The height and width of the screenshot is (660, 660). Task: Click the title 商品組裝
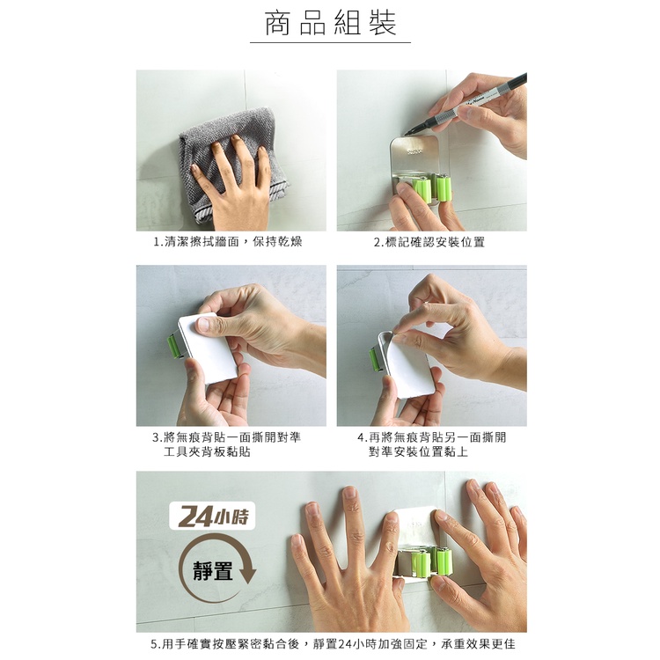[x=330, y=24]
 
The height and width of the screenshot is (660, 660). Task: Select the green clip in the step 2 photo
[x=432, y=188]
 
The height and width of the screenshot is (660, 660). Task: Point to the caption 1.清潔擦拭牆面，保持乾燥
[x=228, y=242]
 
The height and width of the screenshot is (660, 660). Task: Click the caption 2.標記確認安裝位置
[x=429, y=242]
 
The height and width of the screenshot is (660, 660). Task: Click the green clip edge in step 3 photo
[x=174, y=346]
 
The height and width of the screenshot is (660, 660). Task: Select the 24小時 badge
[x=213, y=516]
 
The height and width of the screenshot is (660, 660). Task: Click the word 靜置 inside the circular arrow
[x=213, y=571]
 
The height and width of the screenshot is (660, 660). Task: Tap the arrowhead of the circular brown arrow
[x=246, y=573]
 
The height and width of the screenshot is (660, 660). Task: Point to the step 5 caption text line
[x=333, y=644]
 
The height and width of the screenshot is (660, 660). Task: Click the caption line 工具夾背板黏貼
[x=207, y=451]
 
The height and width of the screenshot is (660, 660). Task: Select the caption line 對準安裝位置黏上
[x=418, y=451]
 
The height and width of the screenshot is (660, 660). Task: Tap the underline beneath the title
[x=330, y=42]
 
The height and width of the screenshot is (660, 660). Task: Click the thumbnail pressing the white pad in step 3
[x=204, y=324]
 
